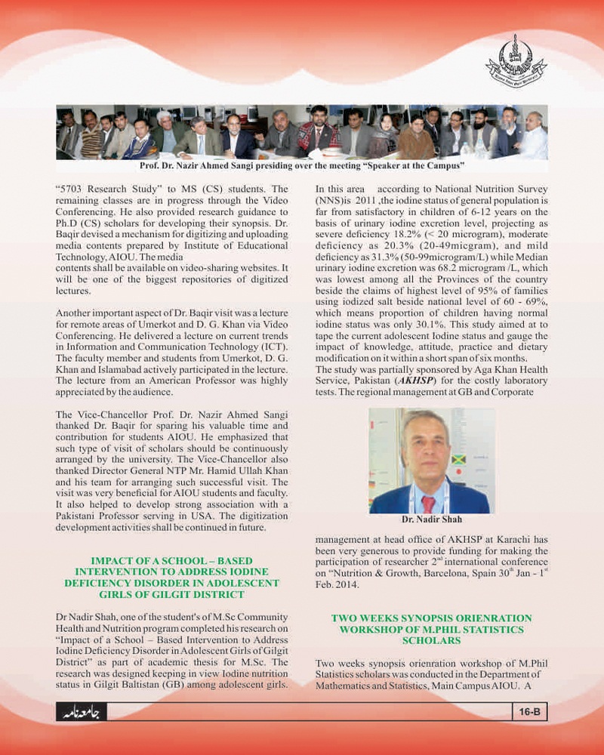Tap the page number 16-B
point(531,711)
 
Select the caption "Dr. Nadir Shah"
point(431,519)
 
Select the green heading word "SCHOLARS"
point(431,640)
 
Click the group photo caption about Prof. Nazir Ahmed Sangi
point(302,165)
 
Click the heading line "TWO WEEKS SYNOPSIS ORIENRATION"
point(431,618)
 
